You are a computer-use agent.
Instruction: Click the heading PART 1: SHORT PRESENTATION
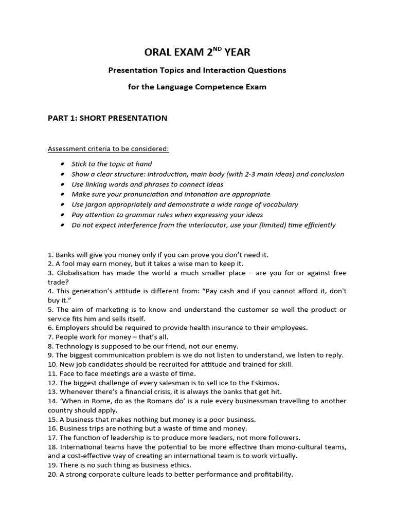[107, 118]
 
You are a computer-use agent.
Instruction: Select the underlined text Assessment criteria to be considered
[109, 149]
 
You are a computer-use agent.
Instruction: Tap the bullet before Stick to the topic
[62, 164]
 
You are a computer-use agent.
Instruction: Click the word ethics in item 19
[180, 465]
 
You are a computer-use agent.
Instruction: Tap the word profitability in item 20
[273, 475]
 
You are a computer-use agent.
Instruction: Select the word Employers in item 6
[73, 328]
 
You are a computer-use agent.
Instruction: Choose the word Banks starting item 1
[65, 255]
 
